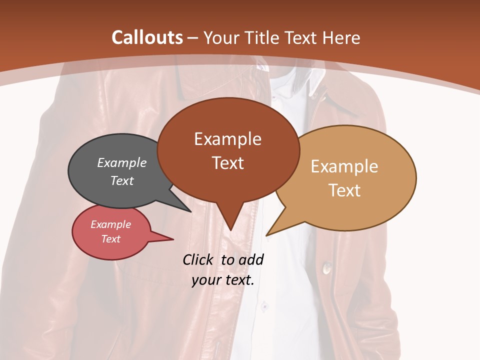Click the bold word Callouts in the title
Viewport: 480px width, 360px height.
pos(147,37)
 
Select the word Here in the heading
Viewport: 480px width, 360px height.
pos(342,37)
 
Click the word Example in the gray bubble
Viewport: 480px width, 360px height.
pos(122,162)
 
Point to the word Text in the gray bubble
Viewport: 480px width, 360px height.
pos(122,180)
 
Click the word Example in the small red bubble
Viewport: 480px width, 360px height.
pos(111,224)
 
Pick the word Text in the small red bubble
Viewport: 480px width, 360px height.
pos(111,239)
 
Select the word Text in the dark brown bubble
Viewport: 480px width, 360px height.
pos(227,163)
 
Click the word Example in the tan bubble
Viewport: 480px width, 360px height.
pos(344,166)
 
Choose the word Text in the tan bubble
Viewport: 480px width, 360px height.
pos(344,190)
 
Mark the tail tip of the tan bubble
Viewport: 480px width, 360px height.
pos(267,234)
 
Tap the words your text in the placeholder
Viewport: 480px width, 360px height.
pos(222,280)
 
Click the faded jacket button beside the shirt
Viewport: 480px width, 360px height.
pos(327,268)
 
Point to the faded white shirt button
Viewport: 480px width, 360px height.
pos(264,304)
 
